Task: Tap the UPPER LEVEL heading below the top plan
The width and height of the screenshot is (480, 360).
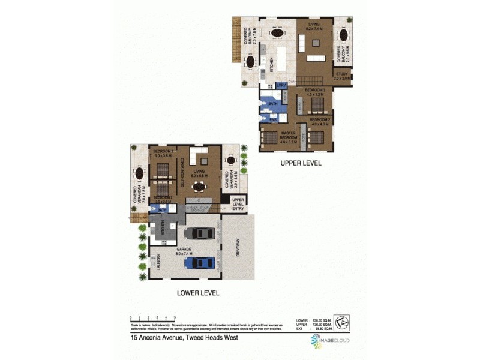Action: [x=301, y=163]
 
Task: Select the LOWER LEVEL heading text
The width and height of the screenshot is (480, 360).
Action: [x=198, y=293]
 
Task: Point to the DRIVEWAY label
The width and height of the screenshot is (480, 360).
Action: [x=238, y=247]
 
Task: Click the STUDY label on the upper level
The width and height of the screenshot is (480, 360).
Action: [x=342, y=76]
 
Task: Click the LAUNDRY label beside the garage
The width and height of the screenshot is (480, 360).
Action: [x=158, y=262]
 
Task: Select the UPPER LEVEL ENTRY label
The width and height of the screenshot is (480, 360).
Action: [x=239, y=204]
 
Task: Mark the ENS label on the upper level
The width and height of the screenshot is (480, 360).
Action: [x=272, y=119]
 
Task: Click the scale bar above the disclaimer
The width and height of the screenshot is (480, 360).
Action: [x=152, y=318]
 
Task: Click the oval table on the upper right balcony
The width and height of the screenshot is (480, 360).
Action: [x=343, y=36]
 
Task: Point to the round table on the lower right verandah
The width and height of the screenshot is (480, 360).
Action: [x=231, y=160]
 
